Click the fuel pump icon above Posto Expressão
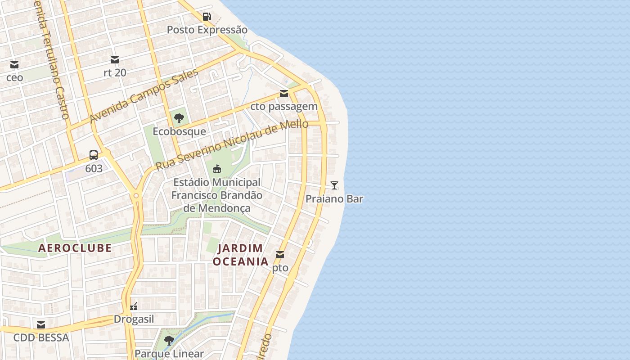[207, 17]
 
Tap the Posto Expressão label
[207, 30]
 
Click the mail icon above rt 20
[115, 60]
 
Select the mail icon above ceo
[14, 65]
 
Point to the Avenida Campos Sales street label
[144, 96]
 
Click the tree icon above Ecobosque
[179, 118]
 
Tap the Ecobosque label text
[179, 131]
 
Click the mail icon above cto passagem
[284, 94]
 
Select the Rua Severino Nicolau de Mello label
[232, 144]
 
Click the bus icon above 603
[94, 156]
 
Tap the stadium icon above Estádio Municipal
[216, 169]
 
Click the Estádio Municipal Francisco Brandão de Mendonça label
[216, 195]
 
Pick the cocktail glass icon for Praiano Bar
[334, 185]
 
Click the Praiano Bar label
[334, 199]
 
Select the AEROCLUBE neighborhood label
[75, 248]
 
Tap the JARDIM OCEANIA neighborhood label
[240, 255]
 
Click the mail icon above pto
[280, 255]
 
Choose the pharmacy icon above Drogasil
[134, 306]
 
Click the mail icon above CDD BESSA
[41, 324]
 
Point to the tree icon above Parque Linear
[169, 341]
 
